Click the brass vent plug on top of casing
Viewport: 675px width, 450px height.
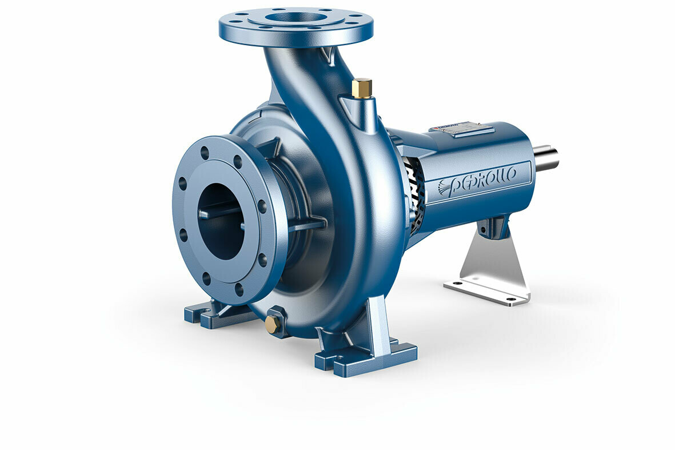tap(362, 88)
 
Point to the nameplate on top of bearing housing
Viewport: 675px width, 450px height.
tap(462, 129)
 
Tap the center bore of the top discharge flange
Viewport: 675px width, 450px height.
tap(296, 17)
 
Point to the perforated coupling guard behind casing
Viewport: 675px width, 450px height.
tap(414, 194)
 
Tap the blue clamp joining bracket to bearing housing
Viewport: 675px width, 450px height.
tap(493, 227)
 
